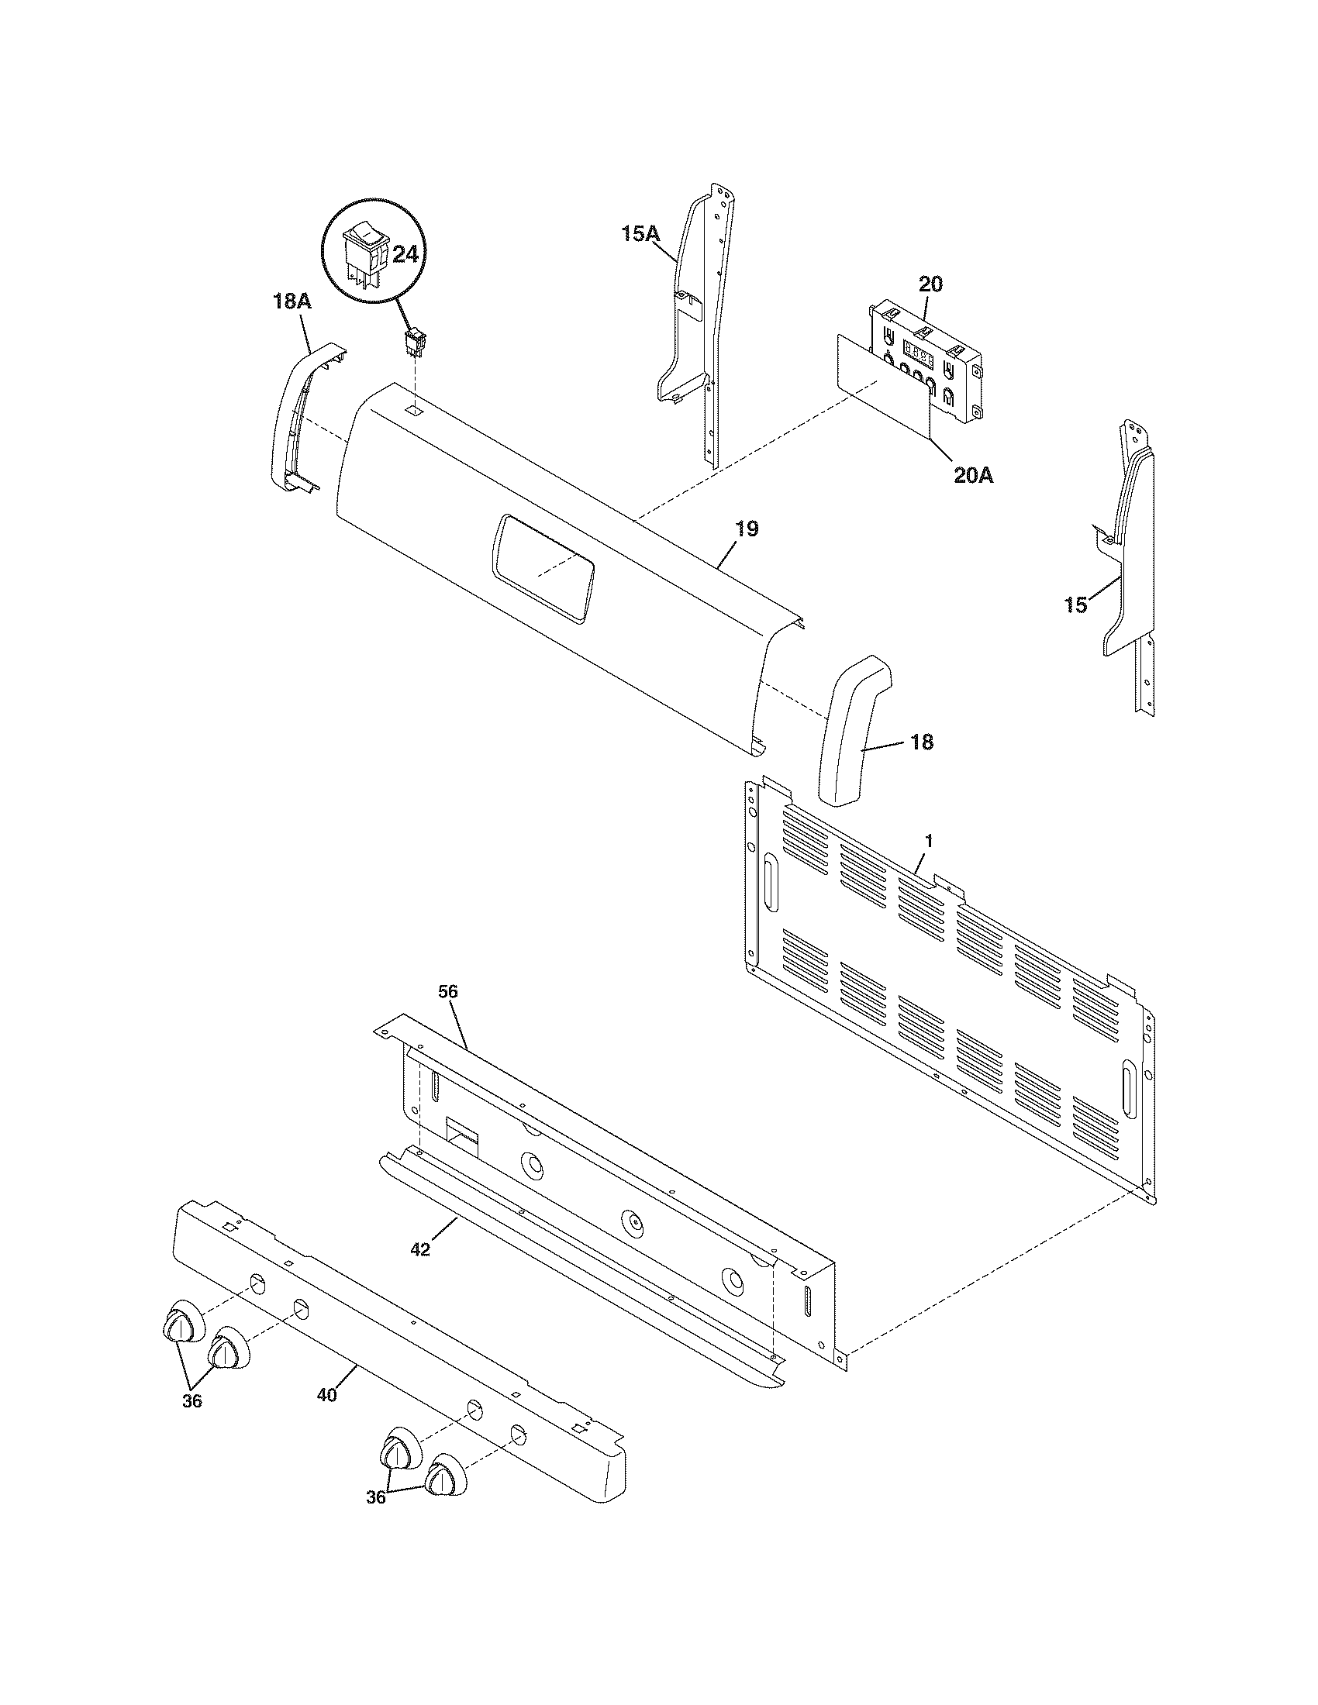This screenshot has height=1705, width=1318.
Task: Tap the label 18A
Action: point(292,302)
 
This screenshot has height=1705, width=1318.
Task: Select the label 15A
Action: point(641,232)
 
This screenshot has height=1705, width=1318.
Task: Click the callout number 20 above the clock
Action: point(929,284)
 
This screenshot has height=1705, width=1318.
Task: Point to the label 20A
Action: point(973,474)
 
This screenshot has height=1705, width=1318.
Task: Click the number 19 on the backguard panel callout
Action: point(747,529)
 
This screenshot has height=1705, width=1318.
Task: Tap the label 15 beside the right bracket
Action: point(1075,604)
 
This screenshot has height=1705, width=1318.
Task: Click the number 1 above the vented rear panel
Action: point(929,842)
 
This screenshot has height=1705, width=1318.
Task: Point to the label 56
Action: point(447,991)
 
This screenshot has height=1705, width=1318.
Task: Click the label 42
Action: point(420,1249)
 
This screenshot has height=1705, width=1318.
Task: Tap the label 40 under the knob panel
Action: point(327,1394)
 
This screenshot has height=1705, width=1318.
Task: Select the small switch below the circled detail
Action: point(416,342)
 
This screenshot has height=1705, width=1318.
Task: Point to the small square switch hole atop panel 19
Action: point(416,409)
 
